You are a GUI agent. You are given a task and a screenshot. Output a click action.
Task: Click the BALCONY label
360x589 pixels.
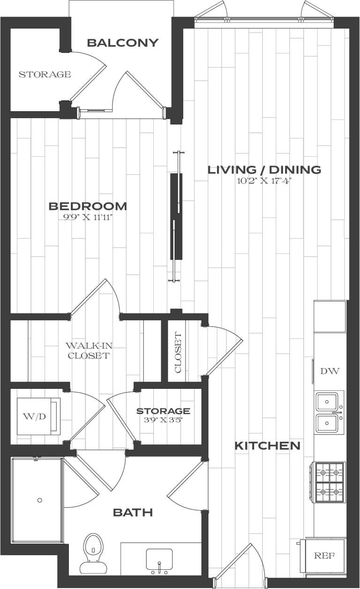coord(123,43)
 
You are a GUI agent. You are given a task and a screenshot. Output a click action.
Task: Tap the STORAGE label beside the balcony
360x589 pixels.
coord(45,75)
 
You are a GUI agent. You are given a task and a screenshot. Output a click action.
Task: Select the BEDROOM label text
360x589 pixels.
coord(88,206)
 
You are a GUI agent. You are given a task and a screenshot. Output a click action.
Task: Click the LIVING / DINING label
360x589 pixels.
coord(264,170)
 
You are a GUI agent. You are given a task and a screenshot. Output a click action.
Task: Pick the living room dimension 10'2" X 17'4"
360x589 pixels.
coord(264,181)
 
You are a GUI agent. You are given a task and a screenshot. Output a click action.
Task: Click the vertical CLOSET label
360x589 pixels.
coord(178,353)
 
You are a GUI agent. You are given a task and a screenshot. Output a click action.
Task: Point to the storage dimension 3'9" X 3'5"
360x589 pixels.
coord(163,420)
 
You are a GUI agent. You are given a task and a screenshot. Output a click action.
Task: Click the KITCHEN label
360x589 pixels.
coord(267,446)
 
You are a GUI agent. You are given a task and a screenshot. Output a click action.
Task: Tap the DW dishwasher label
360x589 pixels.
coord(330,371)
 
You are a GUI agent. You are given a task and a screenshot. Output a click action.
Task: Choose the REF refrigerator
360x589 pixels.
coord(324,556)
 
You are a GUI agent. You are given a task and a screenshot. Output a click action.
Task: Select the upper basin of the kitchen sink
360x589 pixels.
coord(330,402)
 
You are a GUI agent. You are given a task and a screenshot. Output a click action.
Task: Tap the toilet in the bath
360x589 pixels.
coord(92,553)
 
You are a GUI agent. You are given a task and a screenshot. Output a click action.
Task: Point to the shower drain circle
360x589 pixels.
coord(40,500)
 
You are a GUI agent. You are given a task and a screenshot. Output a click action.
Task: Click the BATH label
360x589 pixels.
coord(133,513)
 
